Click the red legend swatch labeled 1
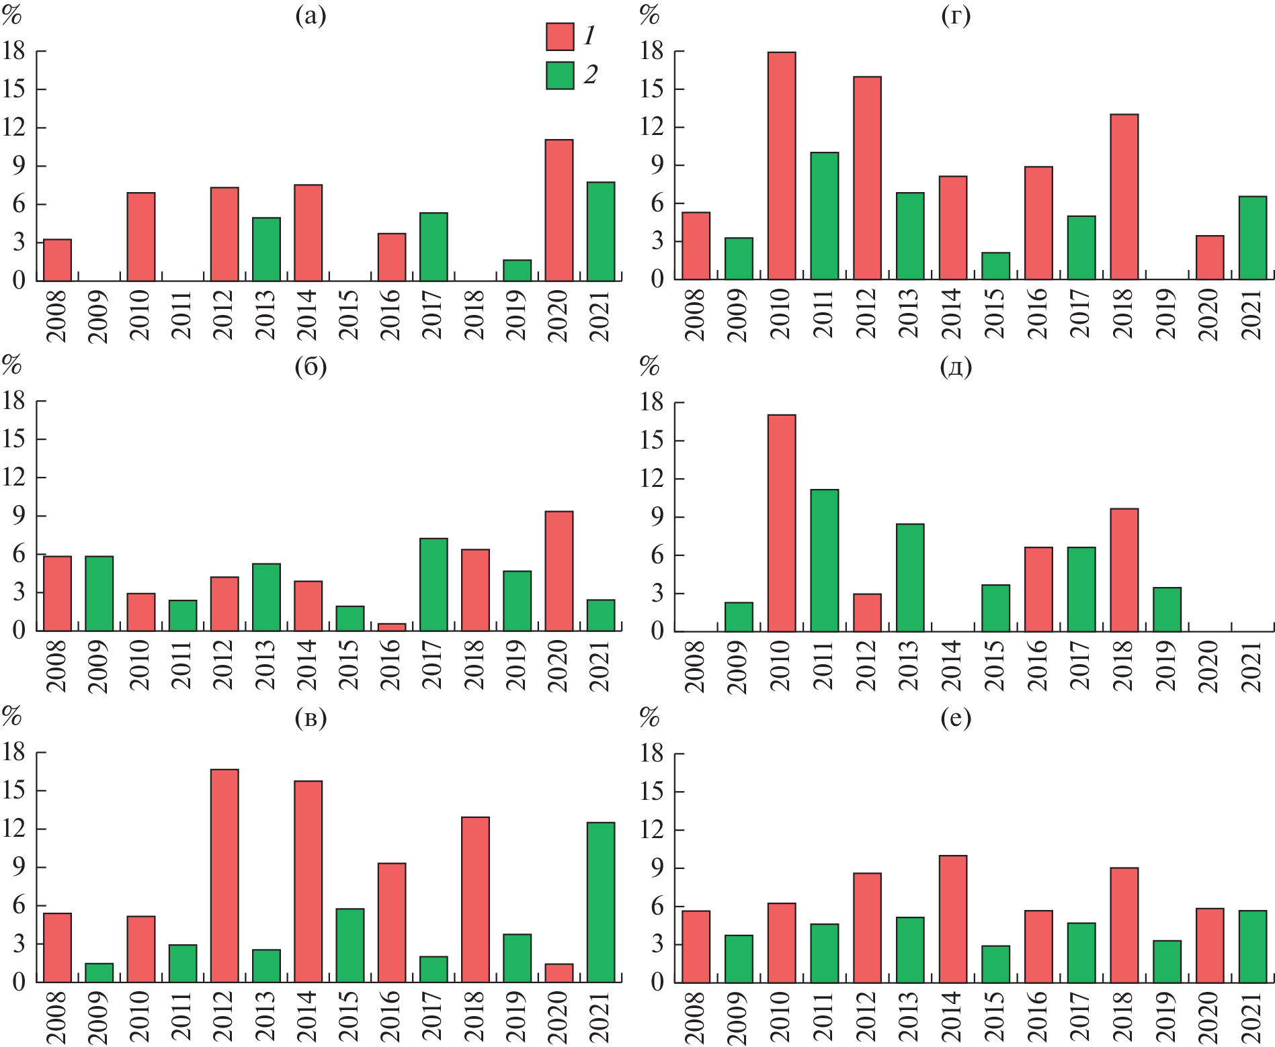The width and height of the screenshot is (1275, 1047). pyautogui.click(x=560, y=37)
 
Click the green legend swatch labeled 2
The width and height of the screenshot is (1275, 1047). pyautogui.click(x=560, y=76)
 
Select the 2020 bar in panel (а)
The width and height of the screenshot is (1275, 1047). pyautogui.click(x=559, y=210)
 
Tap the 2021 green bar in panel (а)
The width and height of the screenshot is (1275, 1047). pyautogui.click(x=601, y=232)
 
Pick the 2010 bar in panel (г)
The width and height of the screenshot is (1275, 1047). pyautogui.click(x=782, y=166)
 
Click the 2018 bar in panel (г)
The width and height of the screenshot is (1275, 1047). pyautogui.click(x=1124, y=197)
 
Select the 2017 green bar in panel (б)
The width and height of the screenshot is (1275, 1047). pyautogui.click(x=434, y=585)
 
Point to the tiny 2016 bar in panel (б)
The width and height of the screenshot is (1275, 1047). pyautogui.click(x=392, y=627)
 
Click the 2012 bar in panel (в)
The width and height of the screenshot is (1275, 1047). pyautogui.click(x=224, y=876)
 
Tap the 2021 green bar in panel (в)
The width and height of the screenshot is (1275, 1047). pyautogui.click(x=601, y=903)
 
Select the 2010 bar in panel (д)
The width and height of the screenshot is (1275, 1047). pyautogui.click(x=782, y=523)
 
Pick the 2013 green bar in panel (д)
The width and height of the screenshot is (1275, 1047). pyautogui.click(x=910, y=578)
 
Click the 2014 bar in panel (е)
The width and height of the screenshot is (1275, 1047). pyautogui.click(x=953, y=919)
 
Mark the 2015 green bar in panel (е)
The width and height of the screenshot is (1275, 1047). pyautogui.click(x=995, y=964)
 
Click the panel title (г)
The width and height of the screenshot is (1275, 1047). pyautogui.click(x=956, y=16)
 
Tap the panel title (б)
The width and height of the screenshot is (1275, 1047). pyautogui.click(x=311, y=367)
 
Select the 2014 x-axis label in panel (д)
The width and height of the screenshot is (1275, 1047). pyautogui.click(x=952, y=665)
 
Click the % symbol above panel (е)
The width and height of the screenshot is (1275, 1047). pyautogui.click(x=649, y=717)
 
